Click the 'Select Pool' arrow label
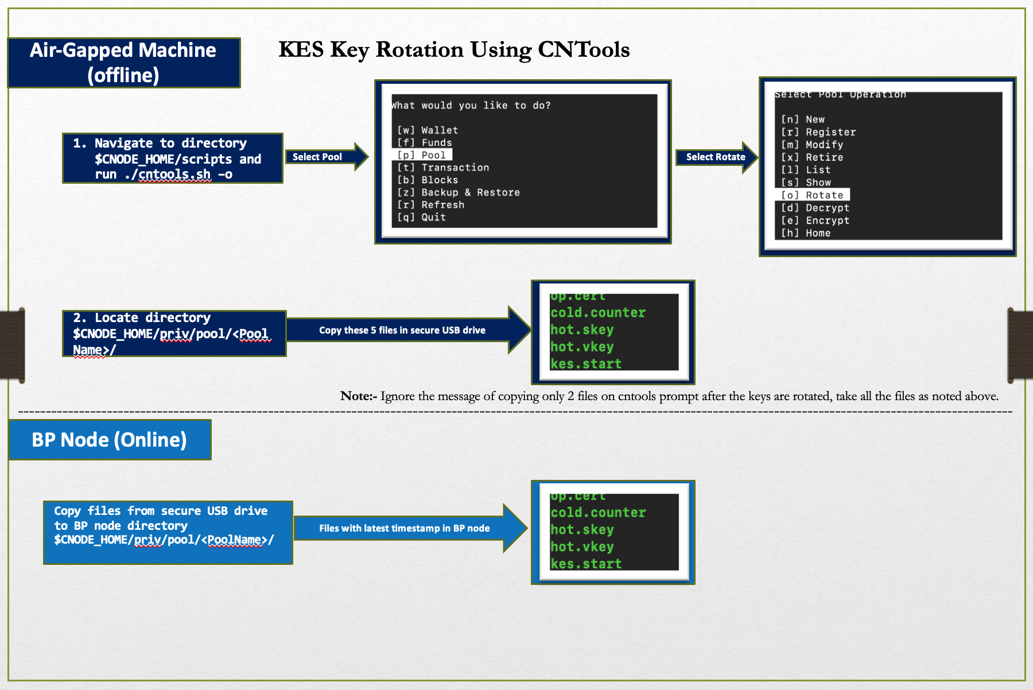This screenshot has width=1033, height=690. (317, 157)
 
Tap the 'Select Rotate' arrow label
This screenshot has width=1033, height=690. (715, 157)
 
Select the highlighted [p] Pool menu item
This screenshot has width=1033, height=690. (422, 155)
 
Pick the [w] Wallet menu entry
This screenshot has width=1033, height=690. (428, 130)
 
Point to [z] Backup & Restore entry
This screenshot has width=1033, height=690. (459, 192)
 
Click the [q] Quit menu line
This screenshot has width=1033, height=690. (422, 217)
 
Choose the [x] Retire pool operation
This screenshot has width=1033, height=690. (812, 157)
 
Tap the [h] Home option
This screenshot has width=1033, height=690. (806, 233)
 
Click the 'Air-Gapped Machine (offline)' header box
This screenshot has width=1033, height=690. (123, 63)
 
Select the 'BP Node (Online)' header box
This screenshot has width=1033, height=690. (110, 440)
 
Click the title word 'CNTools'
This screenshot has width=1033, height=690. (584, 50)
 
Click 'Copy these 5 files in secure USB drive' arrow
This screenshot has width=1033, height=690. (402, 330)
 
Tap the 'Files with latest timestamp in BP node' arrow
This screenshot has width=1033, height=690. (404, 528)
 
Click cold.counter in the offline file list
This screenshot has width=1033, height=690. (598, 313)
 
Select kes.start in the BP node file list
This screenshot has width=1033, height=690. (586, 564)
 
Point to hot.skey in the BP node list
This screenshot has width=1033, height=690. (582, 530)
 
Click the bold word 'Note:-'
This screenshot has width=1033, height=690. (359, 396)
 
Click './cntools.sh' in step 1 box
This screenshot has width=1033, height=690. (168, 174)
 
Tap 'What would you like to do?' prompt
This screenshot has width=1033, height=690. (471, 106)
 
